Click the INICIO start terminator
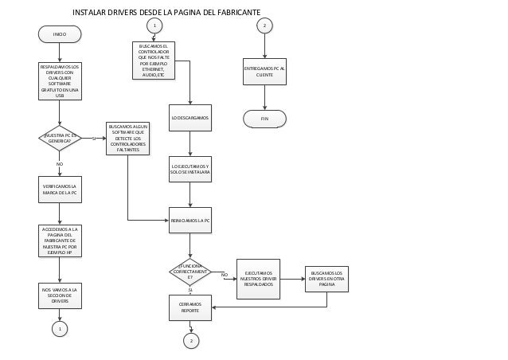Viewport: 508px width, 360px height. [60, 34]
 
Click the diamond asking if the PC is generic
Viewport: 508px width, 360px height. [60, 138]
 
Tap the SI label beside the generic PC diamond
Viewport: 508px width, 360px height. [94, 138]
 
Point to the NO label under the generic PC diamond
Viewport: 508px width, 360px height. [59, 163]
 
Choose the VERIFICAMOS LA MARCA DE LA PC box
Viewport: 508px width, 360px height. [60, 189]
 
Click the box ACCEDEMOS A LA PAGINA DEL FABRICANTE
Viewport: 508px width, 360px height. [60, 241]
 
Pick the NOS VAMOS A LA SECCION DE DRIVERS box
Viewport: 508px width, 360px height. [60, 295]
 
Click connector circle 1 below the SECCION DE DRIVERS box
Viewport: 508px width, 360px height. [60, 328]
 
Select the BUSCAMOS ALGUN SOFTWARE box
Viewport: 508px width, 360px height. [127, 138]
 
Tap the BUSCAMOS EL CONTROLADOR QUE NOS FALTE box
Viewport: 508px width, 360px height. [153, 60]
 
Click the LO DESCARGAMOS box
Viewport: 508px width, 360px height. [190, 117]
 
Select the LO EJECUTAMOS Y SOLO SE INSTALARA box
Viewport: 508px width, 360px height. [190, 169]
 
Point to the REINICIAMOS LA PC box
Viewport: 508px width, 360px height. [190, 220]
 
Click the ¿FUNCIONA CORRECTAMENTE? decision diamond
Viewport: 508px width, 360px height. [190, 272]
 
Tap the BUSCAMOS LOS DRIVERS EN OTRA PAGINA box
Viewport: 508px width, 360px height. [326, 279]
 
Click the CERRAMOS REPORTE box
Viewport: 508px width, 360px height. [190, 307]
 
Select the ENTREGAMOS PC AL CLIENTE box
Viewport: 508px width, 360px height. [264, 72]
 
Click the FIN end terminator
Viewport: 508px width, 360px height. [264, 118]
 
